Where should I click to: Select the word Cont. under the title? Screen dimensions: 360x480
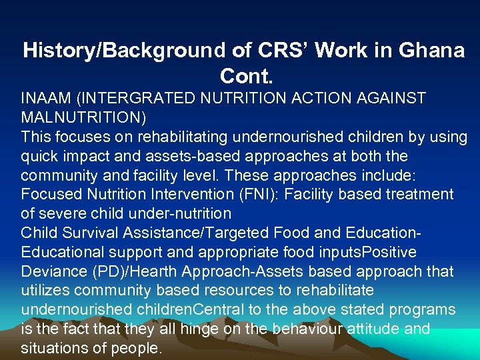pyautogui.click(x=243, y=78)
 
